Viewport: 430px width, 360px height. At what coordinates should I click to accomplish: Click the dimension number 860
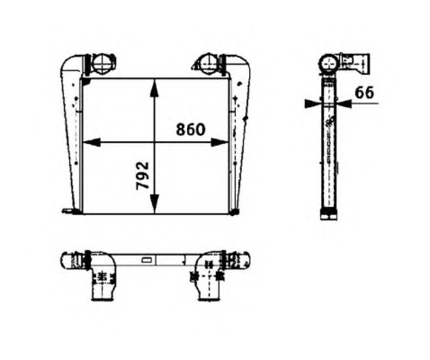pyautogui.click(x=191, y=130)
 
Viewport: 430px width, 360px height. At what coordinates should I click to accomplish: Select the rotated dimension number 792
pyautogui.click(x=143, y=175)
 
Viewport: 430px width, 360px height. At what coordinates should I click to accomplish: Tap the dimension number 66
pyautogui.click(x=364, y=93)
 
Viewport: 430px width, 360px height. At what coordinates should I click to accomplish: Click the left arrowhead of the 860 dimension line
pyautogui.click(x=91, y=142)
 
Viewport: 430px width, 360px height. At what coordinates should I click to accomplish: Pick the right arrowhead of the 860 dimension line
pyautogui.click(x=219, y=142)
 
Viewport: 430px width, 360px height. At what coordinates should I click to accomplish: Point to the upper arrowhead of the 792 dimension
pyautogui.click(x=154, y=88)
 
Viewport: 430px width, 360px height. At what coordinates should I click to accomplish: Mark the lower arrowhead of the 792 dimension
pyautogui.click(x=154, y=204)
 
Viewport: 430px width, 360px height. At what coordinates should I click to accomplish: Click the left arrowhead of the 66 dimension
pyautogui.click(x=313, y=103)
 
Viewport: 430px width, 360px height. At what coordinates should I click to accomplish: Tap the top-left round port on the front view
pyautogui.click(x=103, y=65)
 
